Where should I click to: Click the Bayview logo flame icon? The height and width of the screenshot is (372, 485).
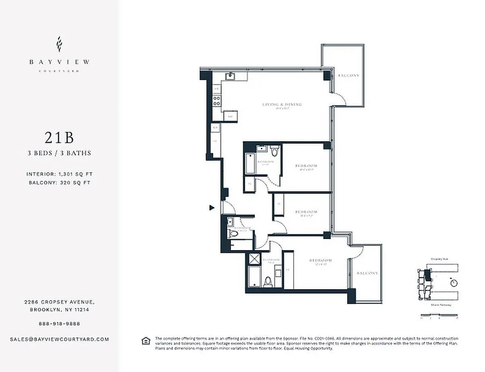pos(59,44)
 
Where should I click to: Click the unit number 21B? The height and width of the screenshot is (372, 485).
pos(59,138)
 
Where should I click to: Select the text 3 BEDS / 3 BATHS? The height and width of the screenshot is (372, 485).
pos(59,153)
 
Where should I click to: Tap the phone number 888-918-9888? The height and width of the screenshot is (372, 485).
pos(59,324)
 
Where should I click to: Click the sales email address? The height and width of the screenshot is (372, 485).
pos(59,339)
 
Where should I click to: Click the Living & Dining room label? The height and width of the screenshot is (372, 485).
pos(282,105)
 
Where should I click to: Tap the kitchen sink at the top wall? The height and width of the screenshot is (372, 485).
pos(229,76)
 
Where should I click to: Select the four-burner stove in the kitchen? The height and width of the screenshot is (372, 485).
pos(217,100)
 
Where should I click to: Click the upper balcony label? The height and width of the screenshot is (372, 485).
pos(349,75)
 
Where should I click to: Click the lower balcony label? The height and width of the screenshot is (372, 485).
pos(367,273)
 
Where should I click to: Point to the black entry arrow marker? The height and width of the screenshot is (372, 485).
pos(212,208)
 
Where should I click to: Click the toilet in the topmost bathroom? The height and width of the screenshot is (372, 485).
pos(274,151)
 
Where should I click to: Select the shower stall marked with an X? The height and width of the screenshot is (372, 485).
pos(255,259)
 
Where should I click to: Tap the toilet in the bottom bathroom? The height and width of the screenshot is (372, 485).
pos(268,281)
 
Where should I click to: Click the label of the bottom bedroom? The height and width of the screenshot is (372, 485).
pos(321,260)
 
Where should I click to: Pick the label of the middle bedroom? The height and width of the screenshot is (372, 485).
pos(306,212)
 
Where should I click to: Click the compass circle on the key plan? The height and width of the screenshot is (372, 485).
pos(454,283)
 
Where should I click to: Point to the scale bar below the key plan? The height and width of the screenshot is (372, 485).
pos(439,317)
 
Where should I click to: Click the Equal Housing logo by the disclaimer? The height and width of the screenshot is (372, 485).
pos(146,341)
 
